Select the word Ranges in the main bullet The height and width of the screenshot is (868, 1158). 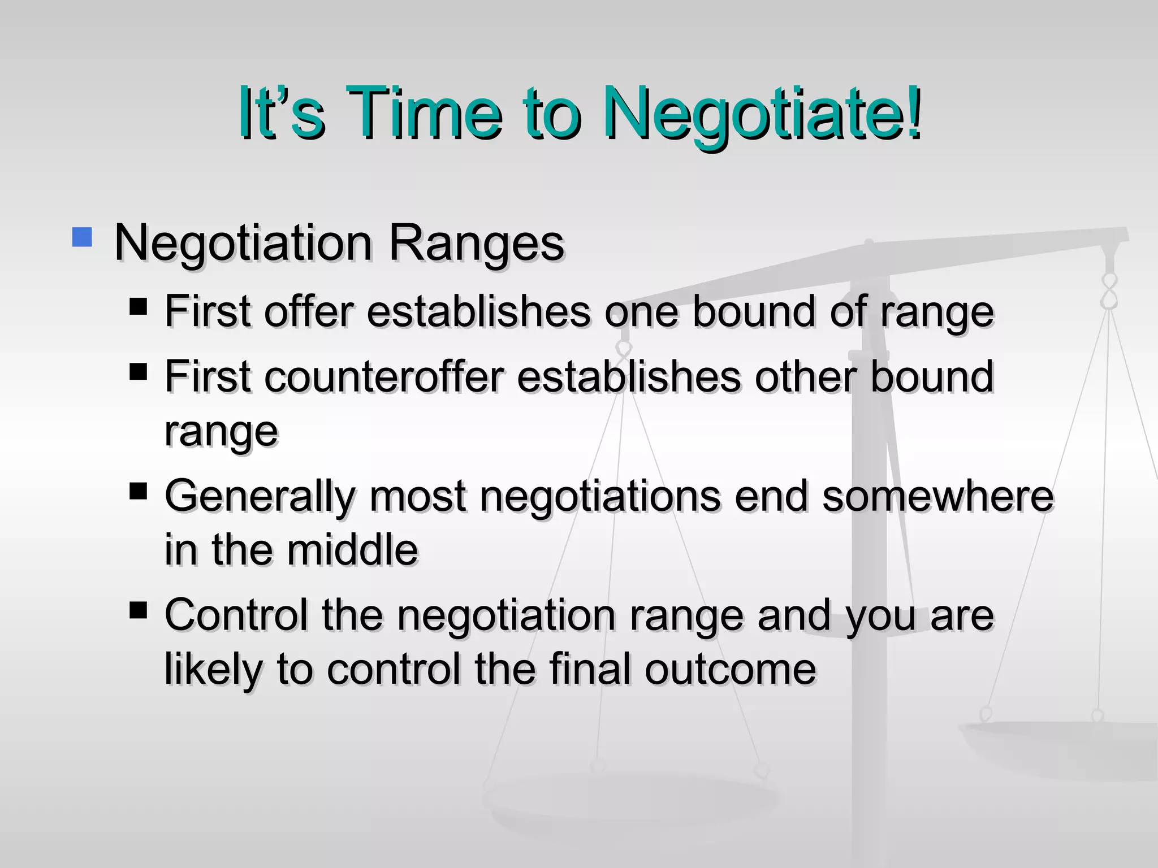click(x=476, y=244)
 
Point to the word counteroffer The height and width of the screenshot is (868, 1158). click(x=383, y=377)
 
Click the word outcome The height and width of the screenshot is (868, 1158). click(x=731, y=669)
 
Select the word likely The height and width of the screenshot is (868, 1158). click(x=214, y=670)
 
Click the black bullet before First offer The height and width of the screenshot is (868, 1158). click(x=138, y=307)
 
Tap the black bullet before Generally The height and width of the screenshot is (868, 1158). click(x=138, y=492)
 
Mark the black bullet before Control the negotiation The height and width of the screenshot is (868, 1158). click(x=138, y=610)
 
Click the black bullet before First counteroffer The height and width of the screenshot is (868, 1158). click(x=138, y=372)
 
